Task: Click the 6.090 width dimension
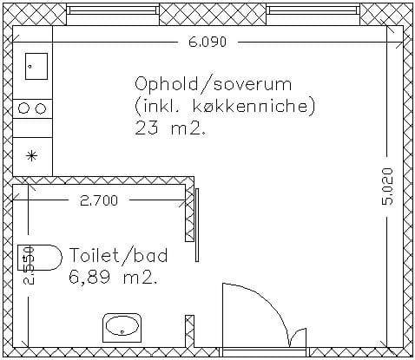pyautogui.click(x=207, y=43)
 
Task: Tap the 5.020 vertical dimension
pyautogui.click(x=388, y=187)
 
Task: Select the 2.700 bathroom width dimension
pyautogui.click(x=99, y=200)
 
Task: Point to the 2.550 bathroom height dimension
pyautogui.click(x=29, y=265)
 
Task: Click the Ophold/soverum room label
pyautogui.click(x=214, y=84)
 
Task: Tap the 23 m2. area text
pyautogui.click(x=171, y=128)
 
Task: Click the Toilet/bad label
pyautogui.click(x=119, y=255)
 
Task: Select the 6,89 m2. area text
pyautogui.click(x=113, y=278)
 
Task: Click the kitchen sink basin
pyautogui.click(x=36, y=66)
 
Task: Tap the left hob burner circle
pyautogui.click(x=23, y=108)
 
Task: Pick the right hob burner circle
pyautogui.click(x=41, y=108)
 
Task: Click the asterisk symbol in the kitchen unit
pyautogui.click(x=31, y=156)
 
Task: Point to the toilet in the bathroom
pyautogui.click(x=40, y=258)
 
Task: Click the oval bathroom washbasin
pyautogui.click(x=122, y=327)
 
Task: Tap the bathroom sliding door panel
pyautogui.click(x=197, y=225)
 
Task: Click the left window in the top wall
pyautogui.click(x=113, y=10)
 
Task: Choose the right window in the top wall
pyautogui.click(x=313, y=10)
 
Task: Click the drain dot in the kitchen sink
pyautogui.click(x=30, y=67)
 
